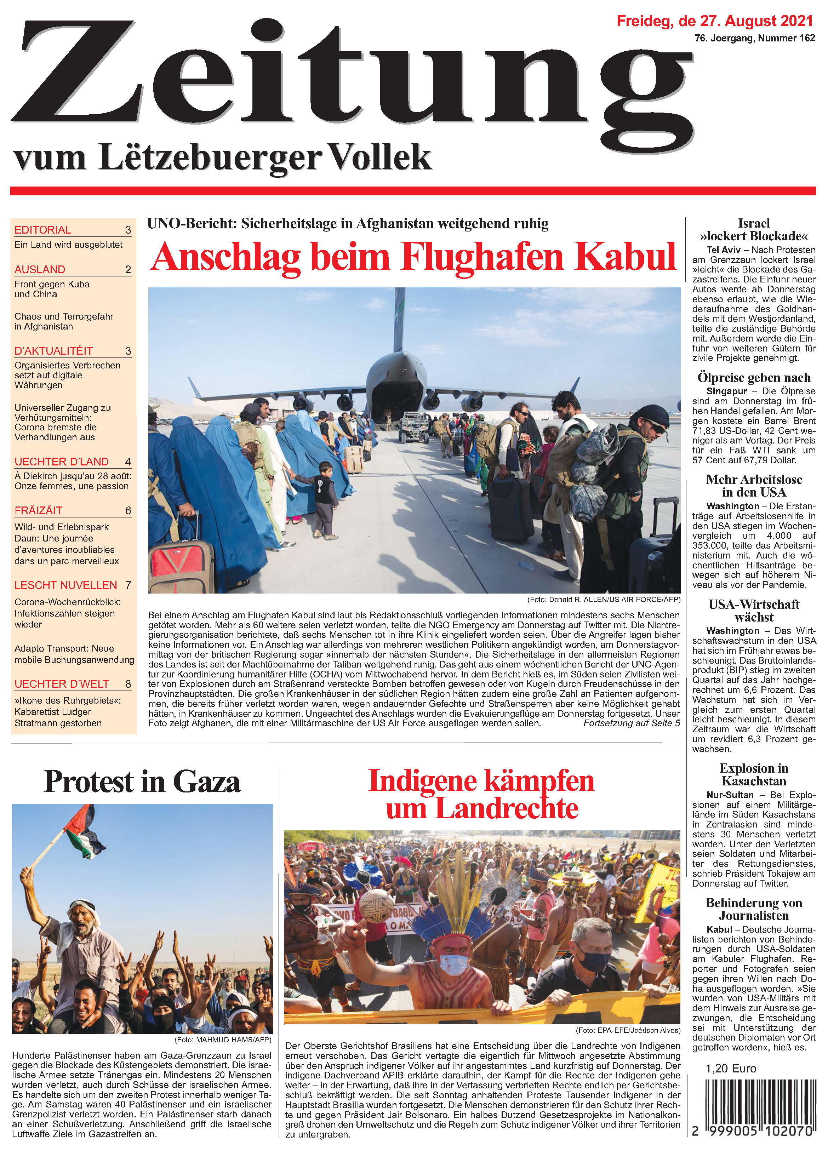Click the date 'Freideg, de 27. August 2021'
(714, 21)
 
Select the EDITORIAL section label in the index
(42, 230)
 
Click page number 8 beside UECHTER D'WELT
(128, 684)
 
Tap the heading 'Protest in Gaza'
(142, 781)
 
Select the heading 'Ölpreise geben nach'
(754, 378)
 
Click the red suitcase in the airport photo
(182, 563)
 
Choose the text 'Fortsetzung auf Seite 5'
(631, 723)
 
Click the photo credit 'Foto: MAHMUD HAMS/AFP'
(223, 1040)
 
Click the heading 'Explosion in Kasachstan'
(754, 774)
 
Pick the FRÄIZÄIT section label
(39, 510)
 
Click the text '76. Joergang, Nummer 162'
(754, 38)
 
